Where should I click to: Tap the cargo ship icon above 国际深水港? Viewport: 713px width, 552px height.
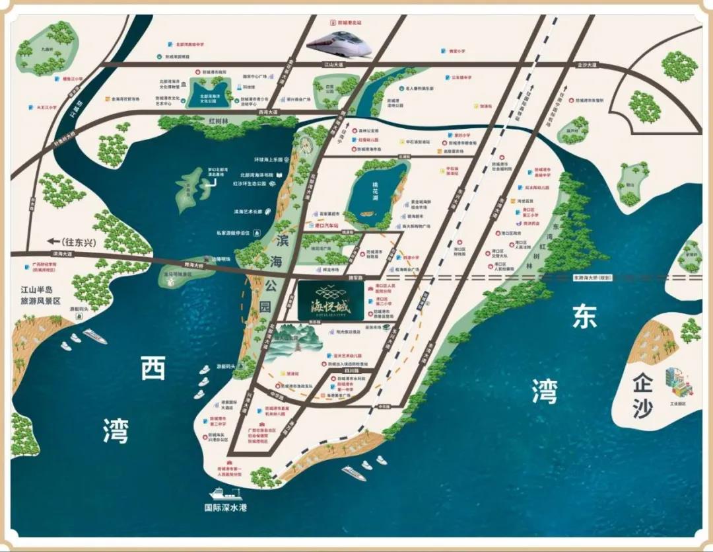[224, 493]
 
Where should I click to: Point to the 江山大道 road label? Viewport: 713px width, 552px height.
[335, 64]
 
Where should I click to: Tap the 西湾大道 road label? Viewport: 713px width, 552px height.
[268, 112]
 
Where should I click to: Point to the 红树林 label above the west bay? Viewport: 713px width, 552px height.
[219, 121]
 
